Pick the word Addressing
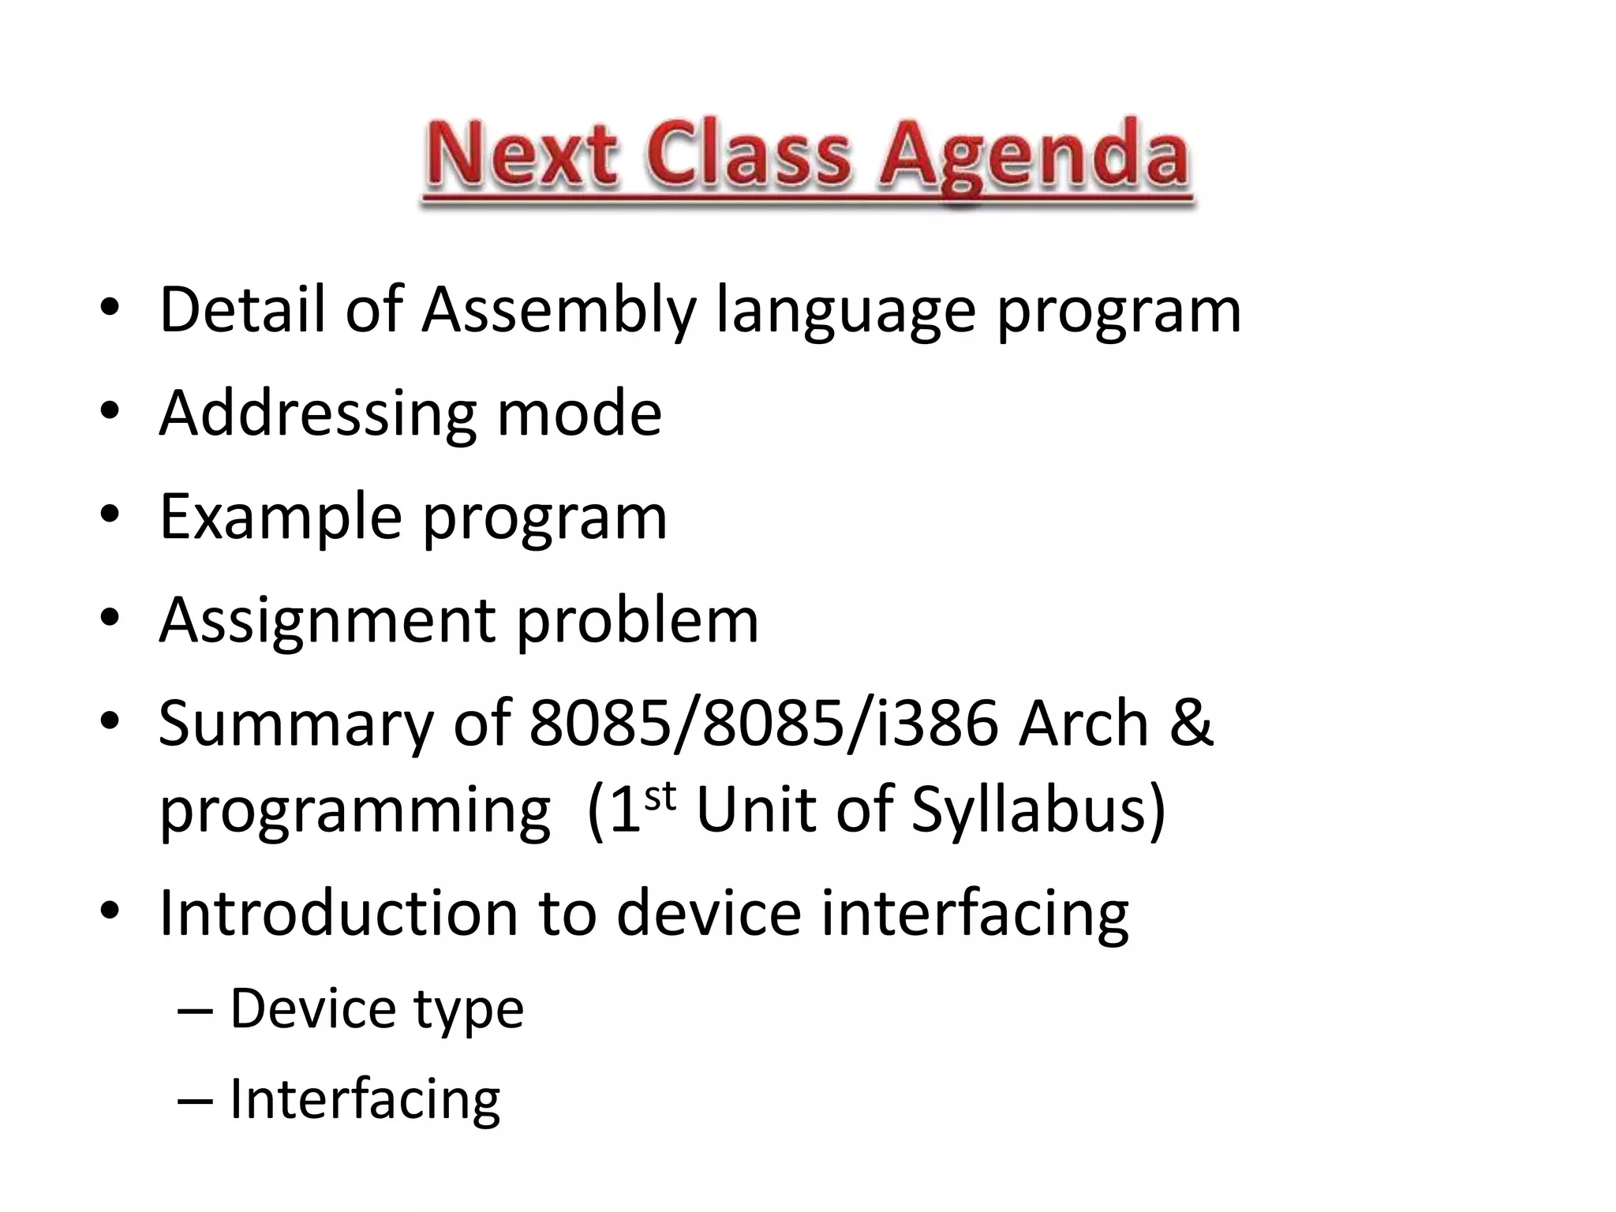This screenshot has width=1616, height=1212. click(x=317, y=414)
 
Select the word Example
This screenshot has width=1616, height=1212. click(x=281, y=518)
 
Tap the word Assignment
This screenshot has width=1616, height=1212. click(x=327, y=621)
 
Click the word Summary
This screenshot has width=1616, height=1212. click(x=296, y=724)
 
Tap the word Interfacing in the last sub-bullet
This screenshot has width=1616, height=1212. click(x=365, y=1098)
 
